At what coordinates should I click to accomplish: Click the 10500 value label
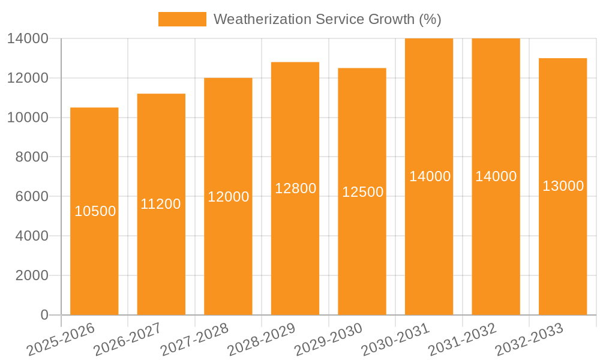(95, 211)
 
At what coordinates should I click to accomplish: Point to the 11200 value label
(161, 204)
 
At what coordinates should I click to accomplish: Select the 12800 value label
(295, 188)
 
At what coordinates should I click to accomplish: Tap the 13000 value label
(563, 186)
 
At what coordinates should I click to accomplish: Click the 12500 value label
(362, 192)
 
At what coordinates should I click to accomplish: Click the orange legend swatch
(182, 19)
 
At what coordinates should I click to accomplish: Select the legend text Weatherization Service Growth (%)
(327, 19)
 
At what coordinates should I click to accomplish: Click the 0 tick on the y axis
(44, 315)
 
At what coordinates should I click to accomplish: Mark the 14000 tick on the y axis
(28, 38)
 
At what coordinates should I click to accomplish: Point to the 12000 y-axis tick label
(28, 78)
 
